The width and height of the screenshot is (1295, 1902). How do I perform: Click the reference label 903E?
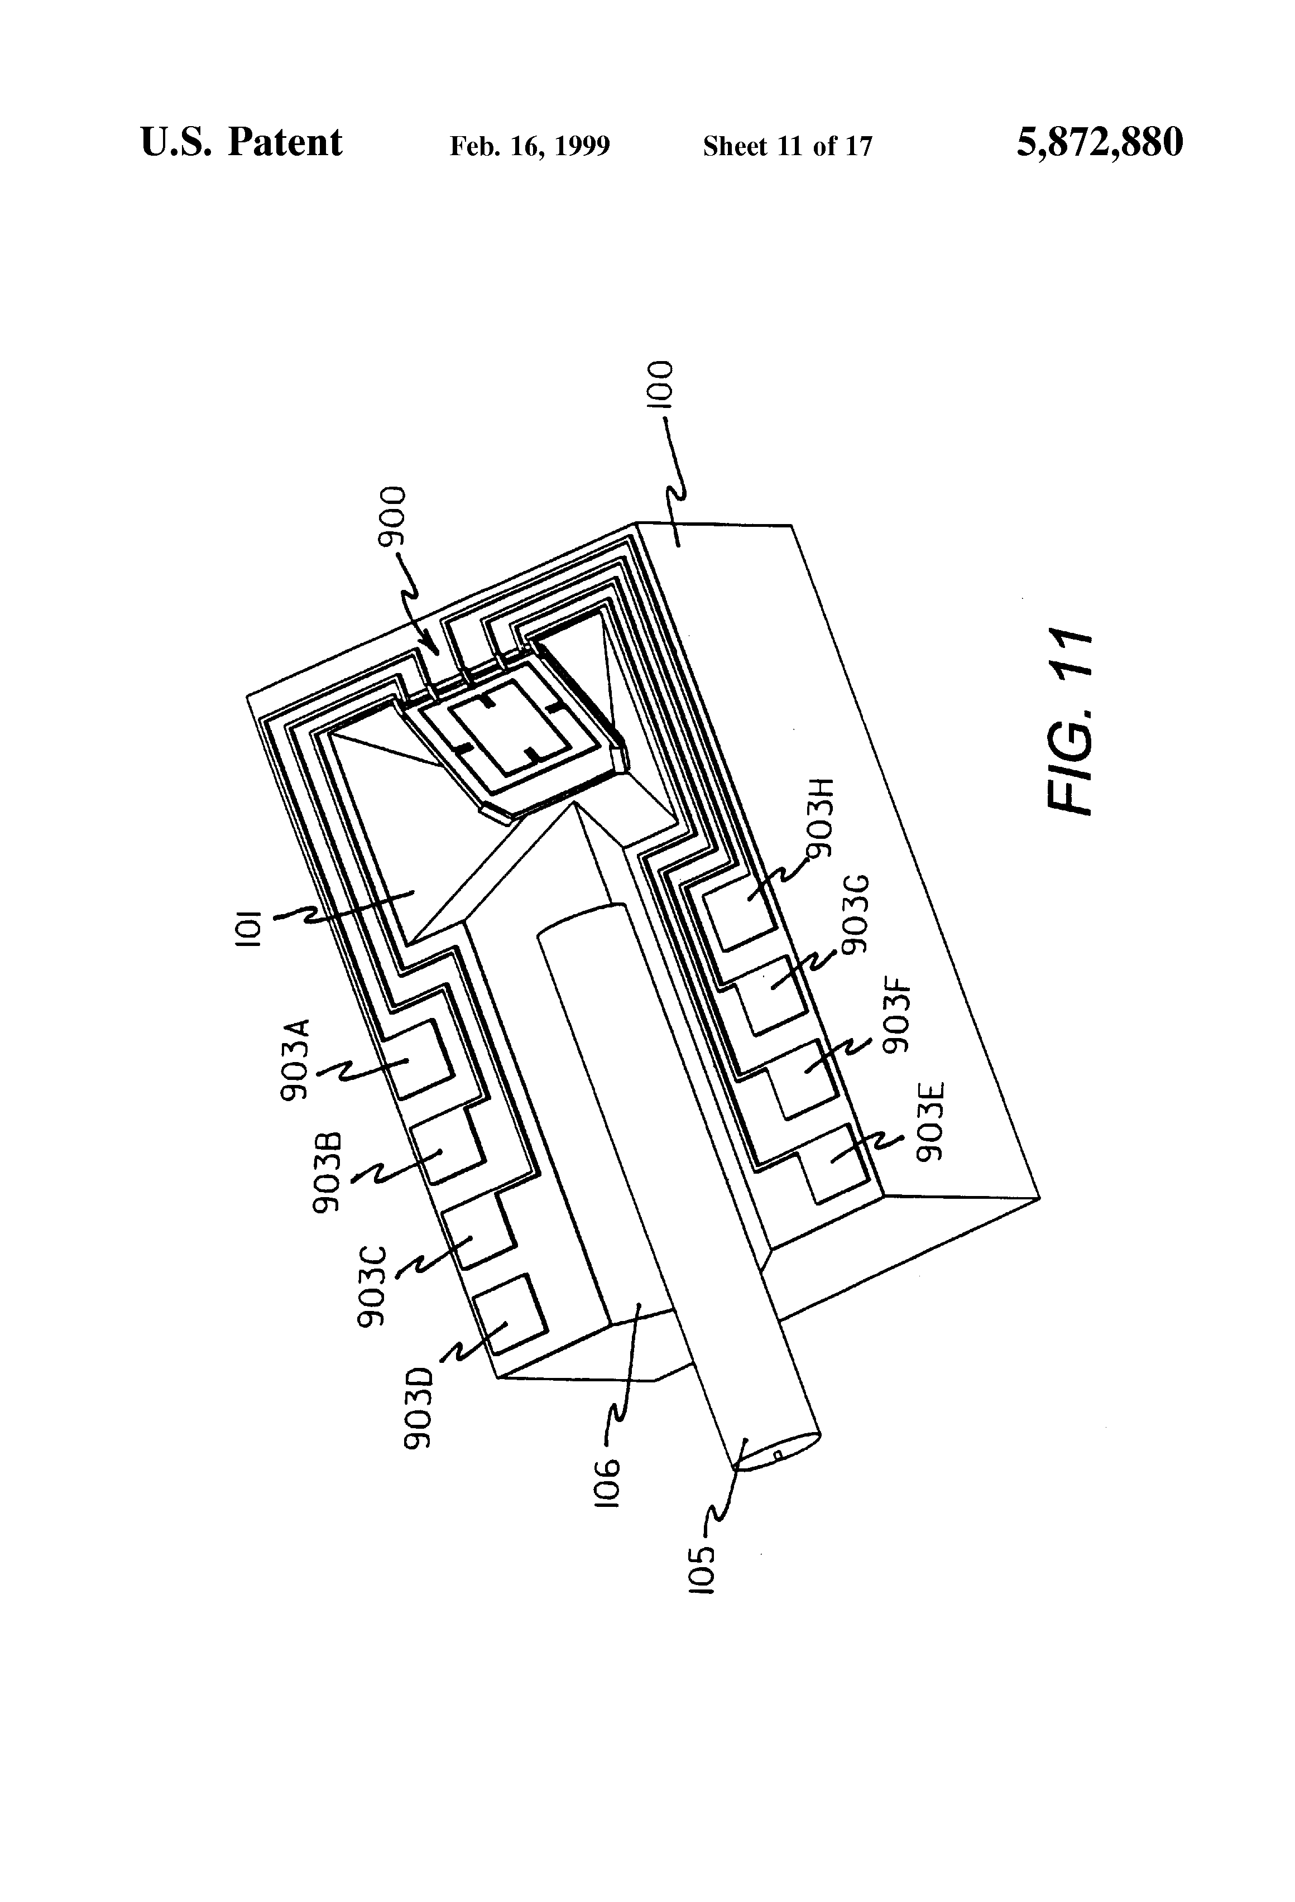(931, 1121)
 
